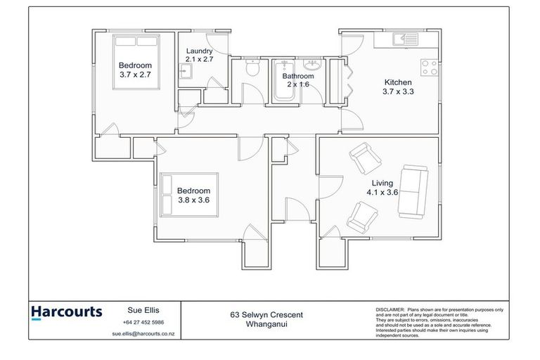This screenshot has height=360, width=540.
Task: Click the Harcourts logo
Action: [x=67, y=311]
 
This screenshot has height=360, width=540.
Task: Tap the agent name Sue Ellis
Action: [x=143, y=309]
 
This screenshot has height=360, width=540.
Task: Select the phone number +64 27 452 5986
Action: [x=143, y=322]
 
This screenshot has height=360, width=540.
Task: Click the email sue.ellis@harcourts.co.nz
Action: [x=143, y=335]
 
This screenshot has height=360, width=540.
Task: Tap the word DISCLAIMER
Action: [x=390, y=309]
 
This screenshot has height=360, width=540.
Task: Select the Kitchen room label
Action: [x=397, y=82]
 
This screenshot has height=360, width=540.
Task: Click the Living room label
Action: [x=382, y=183]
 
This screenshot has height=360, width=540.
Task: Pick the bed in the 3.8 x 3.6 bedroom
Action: [x=191, y=193]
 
